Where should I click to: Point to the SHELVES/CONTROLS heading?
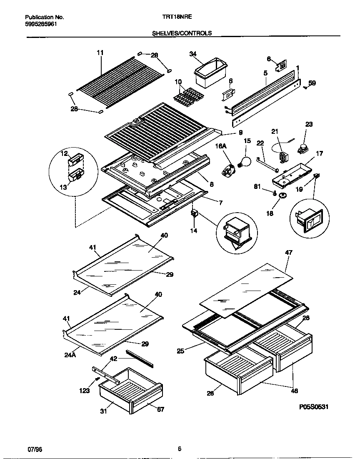182,33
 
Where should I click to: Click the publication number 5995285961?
41,24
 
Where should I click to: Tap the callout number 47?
288,253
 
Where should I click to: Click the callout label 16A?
220,146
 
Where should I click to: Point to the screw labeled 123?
97,378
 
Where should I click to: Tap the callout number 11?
100,53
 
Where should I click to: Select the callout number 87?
160,409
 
